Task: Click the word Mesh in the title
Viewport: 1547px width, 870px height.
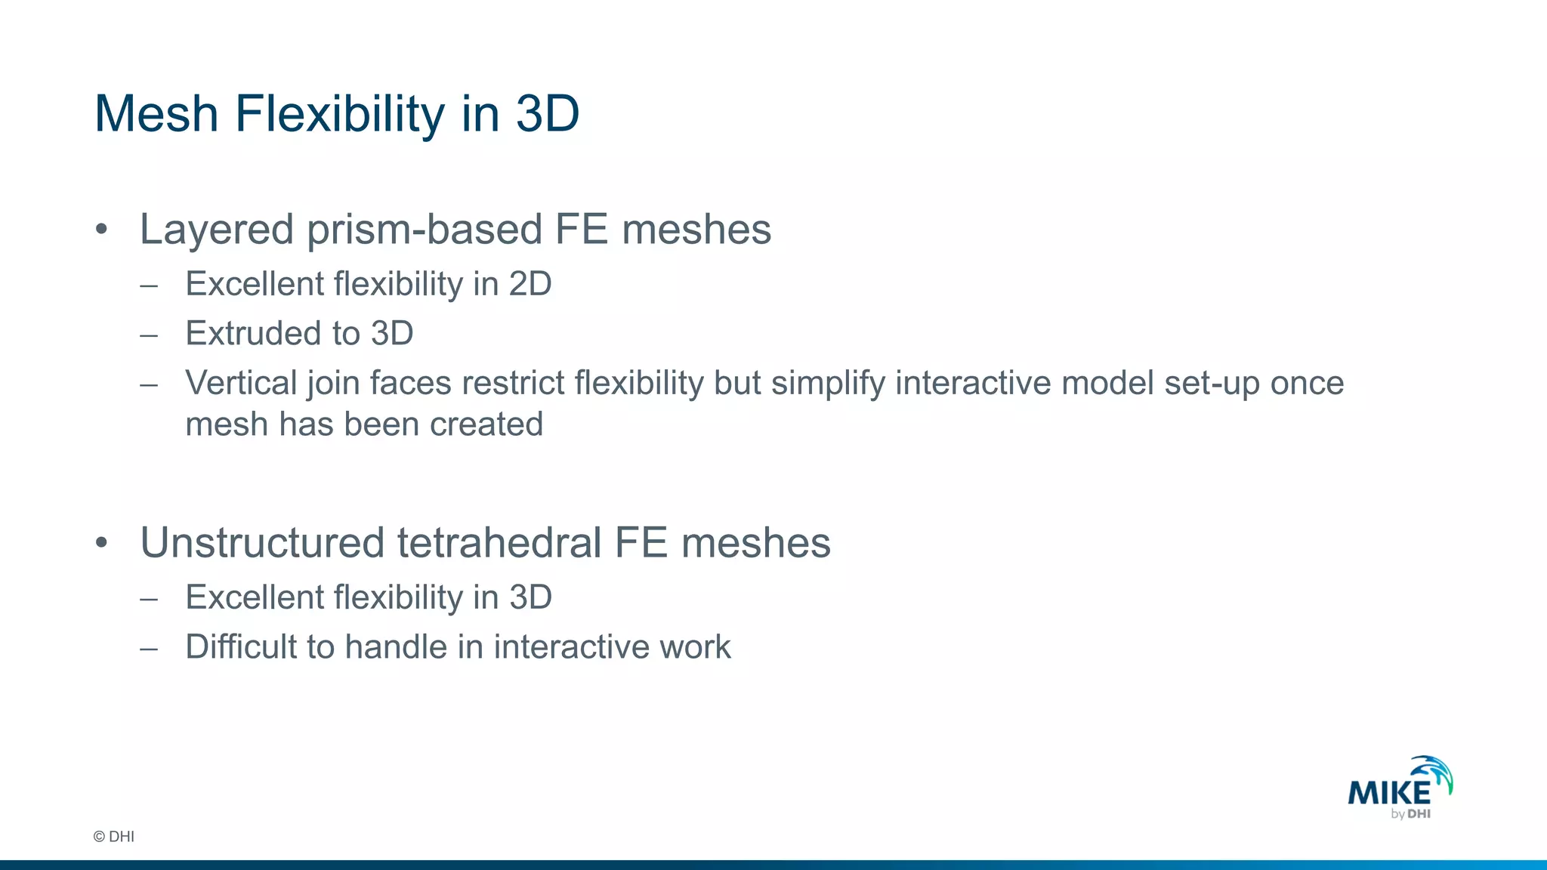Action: click(156, 114)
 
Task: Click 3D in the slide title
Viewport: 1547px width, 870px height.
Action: click(547, 114)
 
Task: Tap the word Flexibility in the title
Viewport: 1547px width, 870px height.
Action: click(340, 114)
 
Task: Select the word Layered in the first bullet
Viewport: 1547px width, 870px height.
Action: click(216, 230)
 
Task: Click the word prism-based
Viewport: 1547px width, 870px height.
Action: click(424, 230)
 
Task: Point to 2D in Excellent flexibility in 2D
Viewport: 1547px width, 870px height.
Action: click(530, 284)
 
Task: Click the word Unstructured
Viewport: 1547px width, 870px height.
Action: click(262, 543)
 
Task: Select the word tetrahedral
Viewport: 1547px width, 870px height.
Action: click(499, 543)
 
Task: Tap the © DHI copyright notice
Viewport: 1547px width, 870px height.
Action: click(113, 836)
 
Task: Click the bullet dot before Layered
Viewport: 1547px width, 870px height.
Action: click(102, 230)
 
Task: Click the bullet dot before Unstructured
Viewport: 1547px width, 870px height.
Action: click(102, 543)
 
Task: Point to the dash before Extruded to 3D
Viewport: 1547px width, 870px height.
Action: click(149, 335)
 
